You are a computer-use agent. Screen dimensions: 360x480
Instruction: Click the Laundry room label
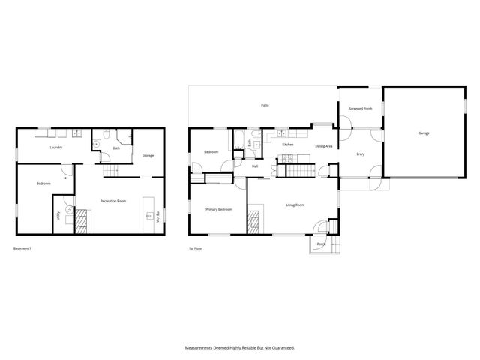click(x=55, y=148)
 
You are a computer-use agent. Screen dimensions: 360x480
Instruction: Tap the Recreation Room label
click(x=112, y=201)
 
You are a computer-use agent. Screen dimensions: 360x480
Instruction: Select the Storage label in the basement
click(x=148, y=155)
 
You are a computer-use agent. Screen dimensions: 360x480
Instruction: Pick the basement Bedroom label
click(x=43, y=183)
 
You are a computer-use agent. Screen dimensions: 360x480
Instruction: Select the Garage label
click(x=424, y=133)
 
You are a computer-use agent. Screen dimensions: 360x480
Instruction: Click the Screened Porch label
click(x=360, y=109)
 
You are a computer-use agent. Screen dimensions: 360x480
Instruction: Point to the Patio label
click(x=265, y=106)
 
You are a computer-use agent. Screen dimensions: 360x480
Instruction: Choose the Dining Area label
click(x=324, y=146)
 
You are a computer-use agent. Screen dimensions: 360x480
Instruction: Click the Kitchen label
click(x=287, y=144)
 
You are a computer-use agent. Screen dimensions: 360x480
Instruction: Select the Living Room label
click(x=295, y=205)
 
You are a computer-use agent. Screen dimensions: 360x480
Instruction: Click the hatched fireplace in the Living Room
click(x=253, y=220)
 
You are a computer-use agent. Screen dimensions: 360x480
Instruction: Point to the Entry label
click(x=360, y=154)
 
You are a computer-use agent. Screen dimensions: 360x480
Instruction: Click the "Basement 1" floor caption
click(x=22, y=248)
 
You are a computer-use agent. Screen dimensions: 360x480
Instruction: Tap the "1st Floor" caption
click(x=196, y=248)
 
